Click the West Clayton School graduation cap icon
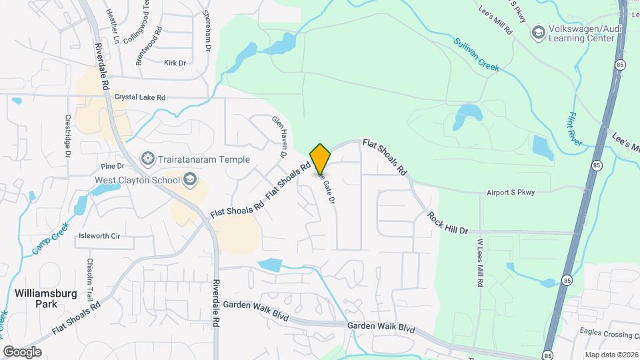point(190,179)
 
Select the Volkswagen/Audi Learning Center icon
point(537,31)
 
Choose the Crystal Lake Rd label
point(139,97)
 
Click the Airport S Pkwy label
point(511,193)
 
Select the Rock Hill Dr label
point(448,223)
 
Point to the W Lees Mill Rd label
point(479,263)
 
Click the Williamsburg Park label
point(45,298)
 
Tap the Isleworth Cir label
point(99,236)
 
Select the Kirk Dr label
point(174,63)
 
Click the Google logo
point(22,352)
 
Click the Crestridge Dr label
point(68,136)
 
